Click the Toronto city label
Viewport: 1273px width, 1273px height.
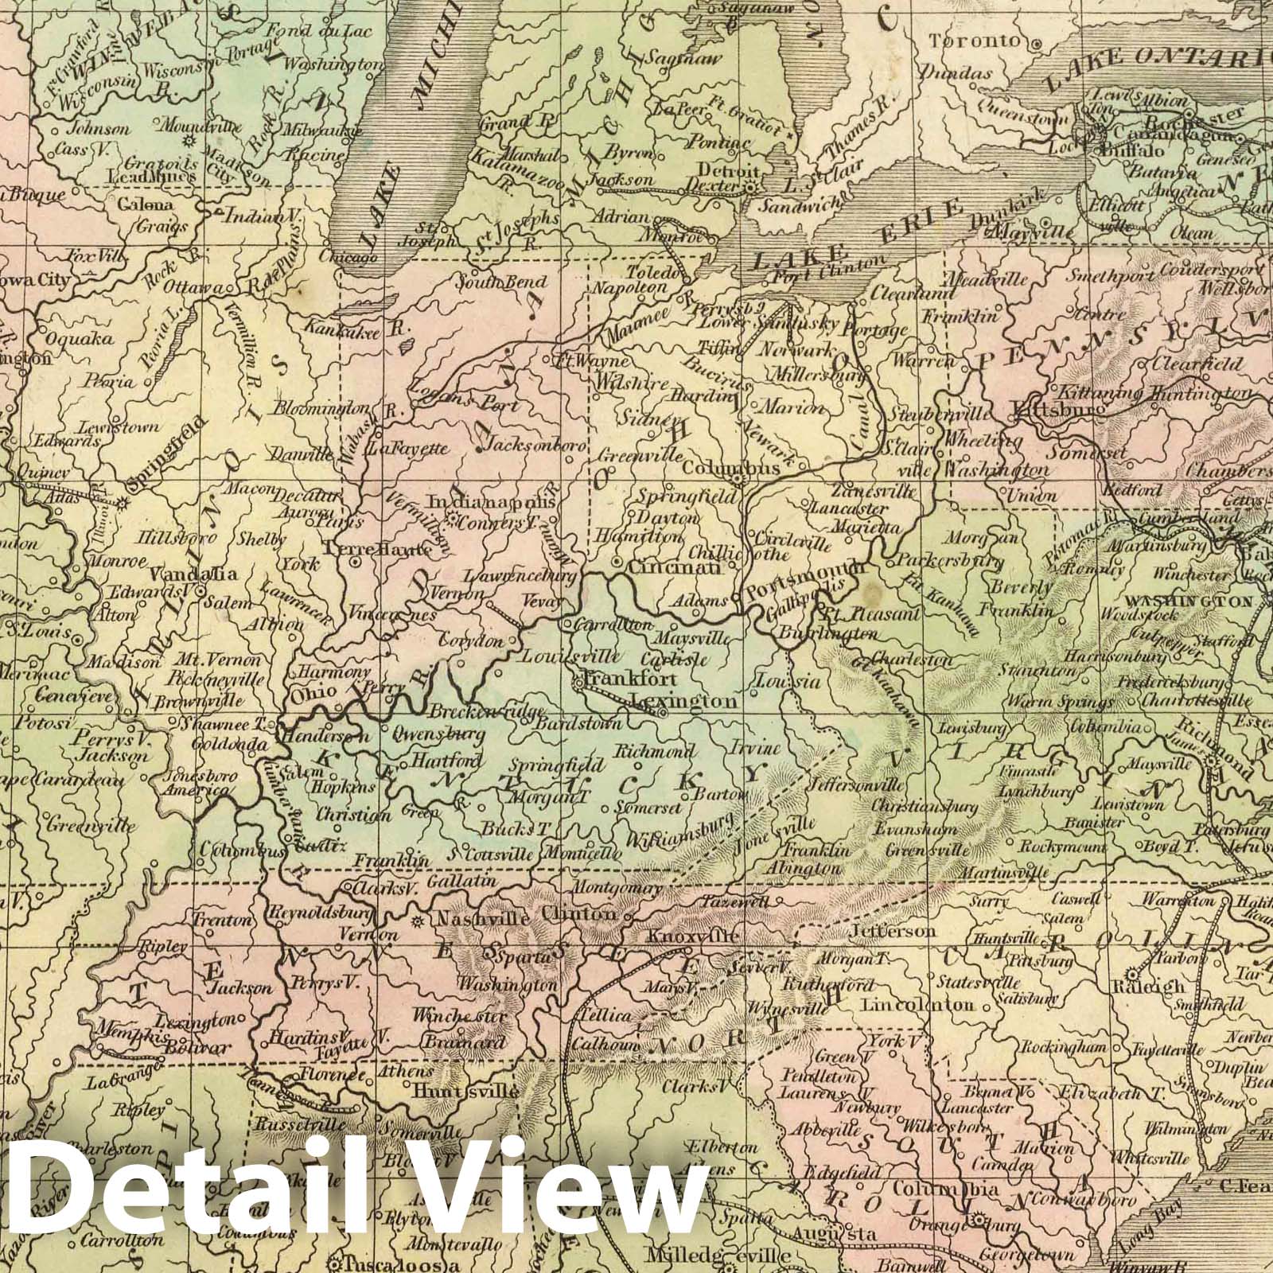986,41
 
